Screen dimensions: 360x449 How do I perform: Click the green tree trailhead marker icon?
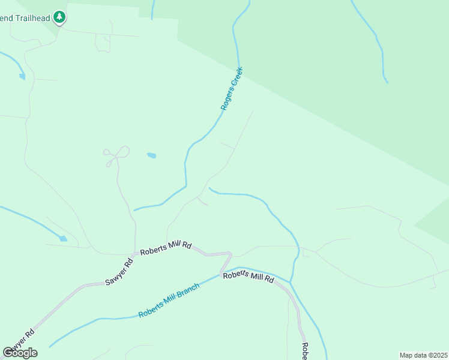[59, 17]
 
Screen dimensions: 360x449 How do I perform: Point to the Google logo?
[20, 353]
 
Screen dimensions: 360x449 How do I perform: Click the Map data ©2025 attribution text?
[423, 355]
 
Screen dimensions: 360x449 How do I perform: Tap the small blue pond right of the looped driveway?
[151, 155]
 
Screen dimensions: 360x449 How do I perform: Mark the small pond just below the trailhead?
[22, 77]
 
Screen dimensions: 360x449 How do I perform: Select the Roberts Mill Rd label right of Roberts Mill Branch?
[248, 277]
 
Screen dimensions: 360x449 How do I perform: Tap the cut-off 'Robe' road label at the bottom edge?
[305, 351]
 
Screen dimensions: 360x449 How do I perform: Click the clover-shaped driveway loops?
[116, 155]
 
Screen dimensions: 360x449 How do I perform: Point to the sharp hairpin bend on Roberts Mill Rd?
[230, 254]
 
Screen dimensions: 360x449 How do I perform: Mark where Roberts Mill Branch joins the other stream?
[291, 281]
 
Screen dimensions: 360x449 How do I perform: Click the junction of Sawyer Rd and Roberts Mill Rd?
[136, 253]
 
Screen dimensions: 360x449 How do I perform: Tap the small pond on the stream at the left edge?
[63, 238]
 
